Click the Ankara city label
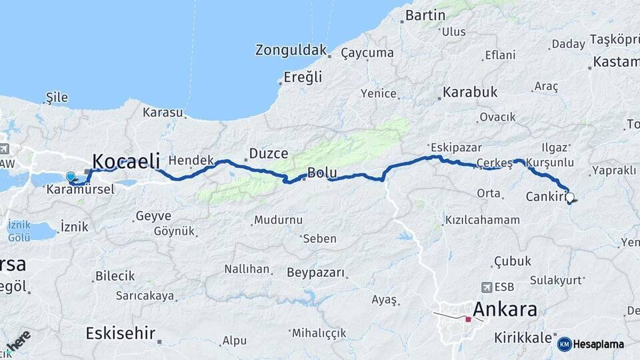(505, 310)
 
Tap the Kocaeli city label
(126, 161)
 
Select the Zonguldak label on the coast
(291, 50)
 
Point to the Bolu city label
(322, 173)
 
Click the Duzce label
(268, 154)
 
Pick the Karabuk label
(471, 93)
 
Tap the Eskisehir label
(121, 333)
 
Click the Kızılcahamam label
(482, 220)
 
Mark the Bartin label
(425, 15)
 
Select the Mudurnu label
(278, 220)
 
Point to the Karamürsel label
(81, 190)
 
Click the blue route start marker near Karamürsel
(71, 177)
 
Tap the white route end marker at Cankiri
(570, 197)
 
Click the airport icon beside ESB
(485, 287)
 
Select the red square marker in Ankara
(468, 319)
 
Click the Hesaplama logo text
(599, 345)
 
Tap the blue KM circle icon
(564, 344)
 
